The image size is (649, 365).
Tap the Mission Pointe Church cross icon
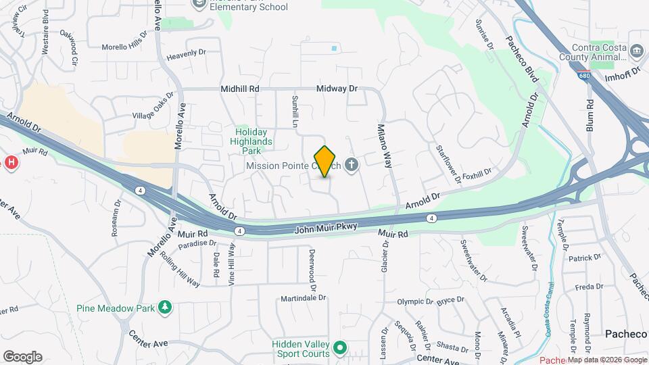[x=351, y=165]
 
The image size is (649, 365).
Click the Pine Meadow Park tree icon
[x=165, y=308]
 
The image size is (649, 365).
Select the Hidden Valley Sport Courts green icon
[x=340, y=349]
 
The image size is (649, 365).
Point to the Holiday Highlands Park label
[x=254, y=141]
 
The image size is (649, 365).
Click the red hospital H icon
[x=10, y=162]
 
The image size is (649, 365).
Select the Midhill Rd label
[x=240, y=89]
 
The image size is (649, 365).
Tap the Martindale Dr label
[x=304, y=297]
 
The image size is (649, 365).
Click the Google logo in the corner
[x=22, y=357]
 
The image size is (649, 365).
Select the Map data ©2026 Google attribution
[x=606, y=360]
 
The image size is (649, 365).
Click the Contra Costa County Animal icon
[x=635, y=51]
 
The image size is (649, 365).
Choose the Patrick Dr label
[x=584, y=258]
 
